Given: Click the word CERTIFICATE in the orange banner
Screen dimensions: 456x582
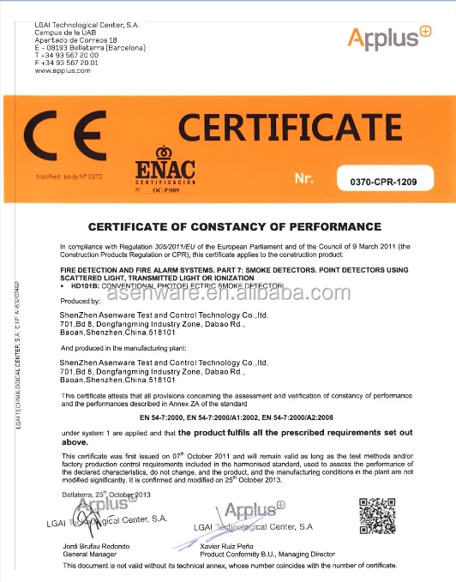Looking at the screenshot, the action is (x=290, y=128).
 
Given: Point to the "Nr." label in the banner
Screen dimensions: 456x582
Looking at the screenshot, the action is (x=306, y=178).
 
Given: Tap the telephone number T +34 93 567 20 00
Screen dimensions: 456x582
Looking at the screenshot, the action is (x=67, y=55).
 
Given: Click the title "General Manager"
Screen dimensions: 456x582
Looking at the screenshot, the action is (x=88, y=555).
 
